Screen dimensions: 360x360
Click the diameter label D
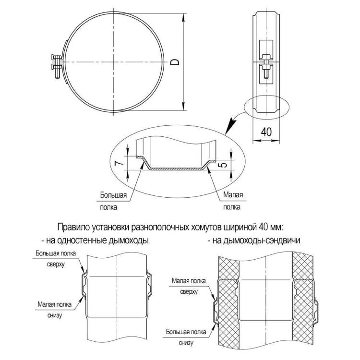pos(175,62)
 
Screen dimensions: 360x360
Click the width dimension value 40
pos(266,132)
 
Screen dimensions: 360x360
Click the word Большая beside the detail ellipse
pos(113,195)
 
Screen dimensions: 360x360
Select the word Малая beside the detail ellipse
pos(233,195)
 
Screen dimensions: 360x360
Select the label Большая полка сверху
pos(56,259)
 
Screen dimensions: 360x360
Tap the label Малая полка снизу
pos(55,310)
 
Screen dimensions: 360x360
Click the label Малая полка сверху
pos(189,286)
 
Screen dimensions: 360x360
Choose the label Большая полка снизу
pos(186,337)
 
